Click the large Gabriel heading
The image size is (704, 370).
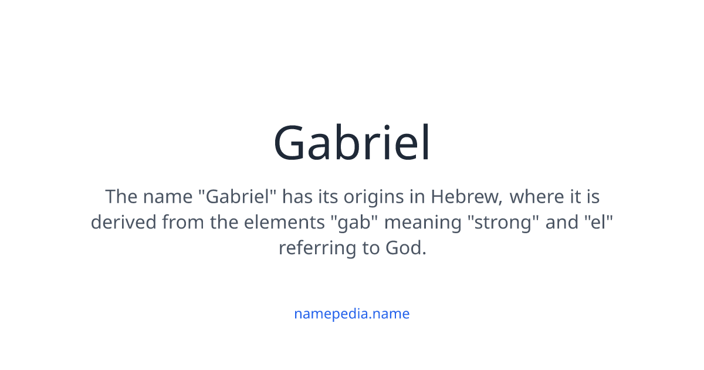(352, 143)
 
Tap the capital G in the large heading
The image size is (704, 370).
(292, 143)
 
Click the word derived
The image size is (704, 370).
(124, 222)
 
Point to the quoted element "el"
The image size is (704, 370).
(598, 222)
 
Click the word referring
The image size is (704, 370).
(317, 248)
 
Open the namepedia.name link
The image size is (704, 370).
(352, 314)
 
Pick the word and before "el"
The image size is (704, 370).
(562, 222)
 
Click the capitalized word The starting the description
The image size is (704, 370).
(121, 196)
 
